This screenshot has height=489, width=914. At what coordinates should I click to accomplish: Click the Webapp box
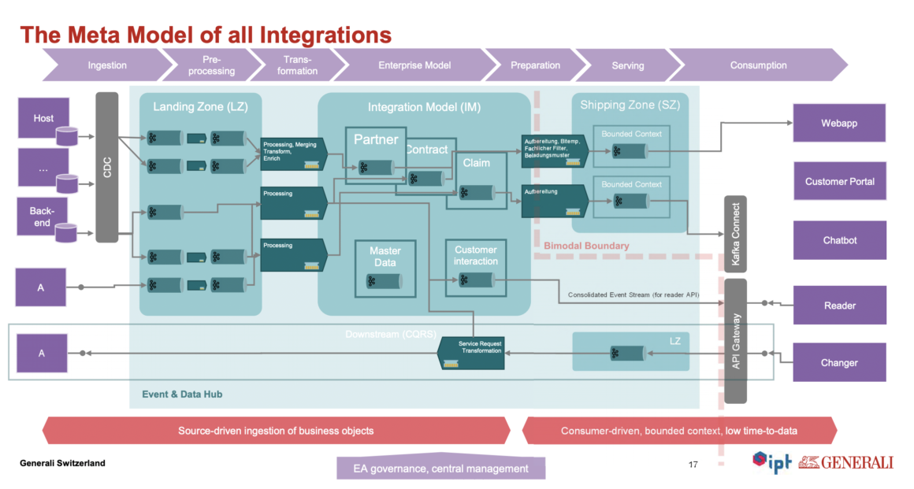click(839, 123)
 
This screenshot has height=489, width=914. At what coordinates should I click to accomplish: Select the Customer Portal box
click(839, 181)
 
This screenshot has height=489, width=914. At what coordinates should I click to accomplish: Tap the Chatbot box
click(839, 239)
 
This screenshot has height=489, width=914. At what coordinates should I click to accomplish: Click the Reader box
click(839, 305)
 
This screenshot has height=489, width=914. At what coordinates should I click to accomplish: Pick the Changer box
click(839, 362)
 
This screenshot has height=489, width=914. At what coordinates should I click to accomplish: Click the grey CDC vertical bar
click(106, 167)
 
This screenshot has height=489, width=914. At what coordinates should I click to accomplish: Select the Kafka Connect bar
click(734, 233)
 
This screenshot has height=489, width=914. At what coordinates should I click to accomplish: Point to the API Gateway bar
click(735, 340)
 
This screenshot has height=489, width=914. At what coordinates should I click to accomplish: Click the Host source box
click(43, 118)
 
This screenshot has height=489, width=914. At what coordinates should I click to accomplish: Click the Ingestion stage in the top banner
click(106, 65)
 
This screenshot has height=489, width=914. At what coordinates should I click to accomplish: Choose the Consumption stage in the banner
click(758, 65)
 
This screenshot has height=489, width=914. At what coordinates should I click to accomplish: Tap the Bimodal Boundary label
click(586, 246)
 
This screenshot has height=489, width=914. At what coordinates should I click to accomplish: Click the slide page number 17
click(693, 464)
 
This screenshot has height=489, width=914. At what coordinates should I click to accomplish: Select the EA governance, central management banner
click(440, 469)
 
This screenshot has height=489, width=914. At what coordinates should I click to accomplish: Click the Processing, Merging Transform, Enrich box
click(292, 154)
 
